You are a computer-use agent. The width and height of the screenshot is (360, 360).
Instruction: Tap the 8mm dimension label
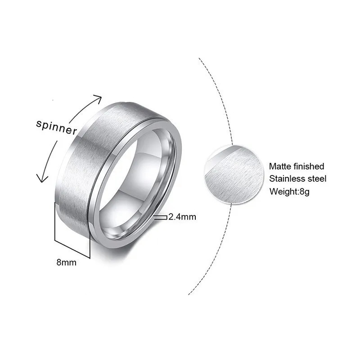click(x=66, y=262)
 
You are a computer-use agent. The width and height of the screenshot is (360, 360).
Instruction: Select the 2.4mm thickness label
click(x=182, y=217)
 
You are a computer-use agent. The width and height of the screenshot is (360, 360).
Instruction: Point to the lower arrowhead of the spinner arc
click(x=41, y=179)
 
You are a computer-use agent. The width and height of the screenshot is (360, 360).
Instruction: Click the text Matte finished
click(x=297, y=166)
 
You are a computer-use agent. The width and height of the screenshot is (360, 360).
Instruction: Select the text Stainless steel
click(x=297, y=179)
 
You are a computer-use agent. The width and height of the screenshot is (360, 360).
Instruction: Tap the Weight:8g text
click(x=290, y=191)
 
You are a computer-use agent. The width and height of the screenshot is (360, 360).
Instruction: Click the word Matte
click(x=279, y=166)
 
